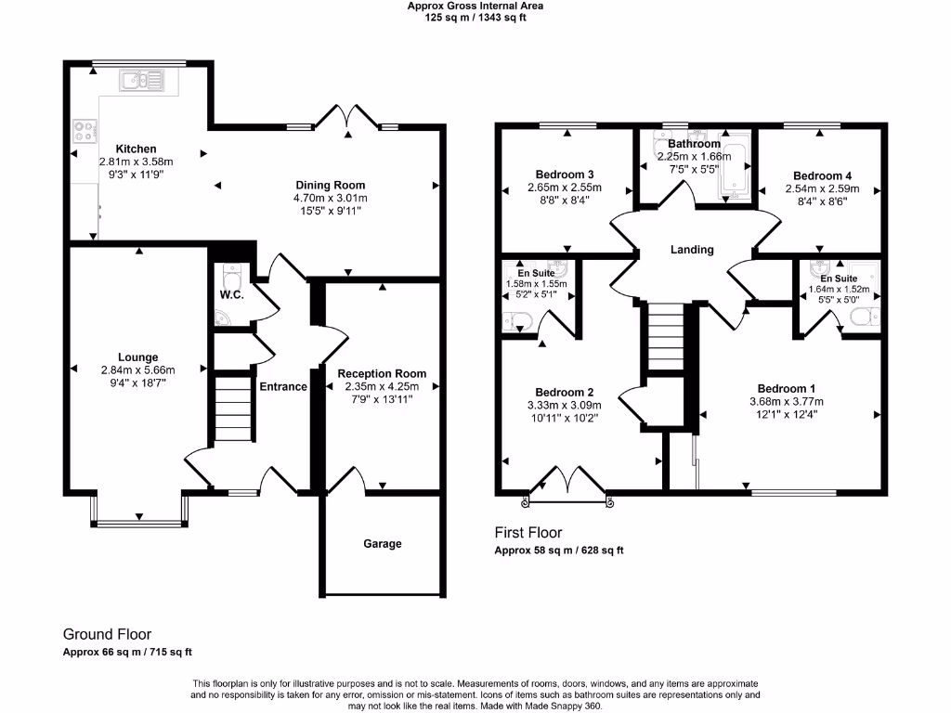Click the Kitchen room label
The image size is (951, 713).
(136, 149)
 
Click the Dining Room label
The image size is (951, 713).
(331, 185)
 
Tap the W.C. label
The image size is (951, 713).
(231, 295)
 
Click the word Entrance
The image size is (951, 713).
(283, 386)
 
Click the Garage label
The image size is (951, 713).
(383, 544)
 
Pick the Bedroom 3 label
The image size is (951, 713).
(565, 175)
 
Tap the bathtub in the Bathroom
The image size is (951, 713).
(736, 171)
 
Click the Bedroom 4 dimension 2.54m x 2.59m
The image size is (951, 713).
(821, 189)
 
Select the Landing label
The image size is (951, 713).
(692, 250)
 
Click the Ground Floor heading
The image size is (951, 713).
(107, 634)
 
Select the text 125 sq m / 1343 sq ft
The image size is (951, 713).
(475, 17)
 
